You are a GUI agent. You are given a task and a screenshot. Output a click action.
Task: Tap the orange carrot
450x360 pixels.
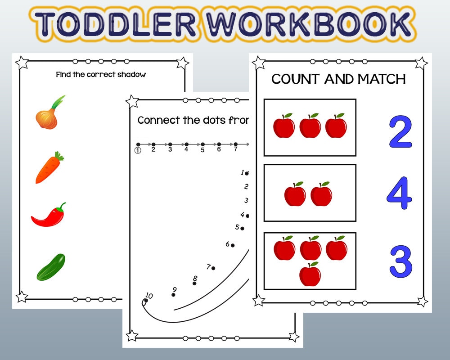48,168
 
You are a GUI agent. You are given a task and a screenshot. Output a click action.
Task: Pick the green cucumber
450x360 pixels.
51,267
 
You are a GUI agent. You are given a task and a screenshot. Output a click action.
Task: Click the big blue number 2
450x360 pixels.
400,132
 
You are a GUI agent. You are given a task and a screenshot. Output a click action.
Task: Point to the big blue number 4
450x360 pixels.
399,193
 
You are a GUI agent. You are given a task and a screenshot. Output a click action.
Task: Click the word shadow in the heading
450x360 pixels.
130,75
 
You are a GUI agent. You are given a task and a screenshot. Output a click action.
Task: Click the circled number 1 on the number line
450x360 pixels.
138,150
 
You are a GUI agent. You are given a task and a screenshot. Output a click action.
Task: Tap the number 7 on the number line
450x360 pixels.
235,149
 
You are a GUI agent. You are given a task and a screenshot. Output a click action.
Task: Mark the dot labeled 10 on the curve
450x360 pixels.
145,301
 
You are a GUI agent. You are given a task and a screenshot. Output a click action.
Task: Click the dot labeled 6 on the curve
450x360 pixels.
233,245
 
